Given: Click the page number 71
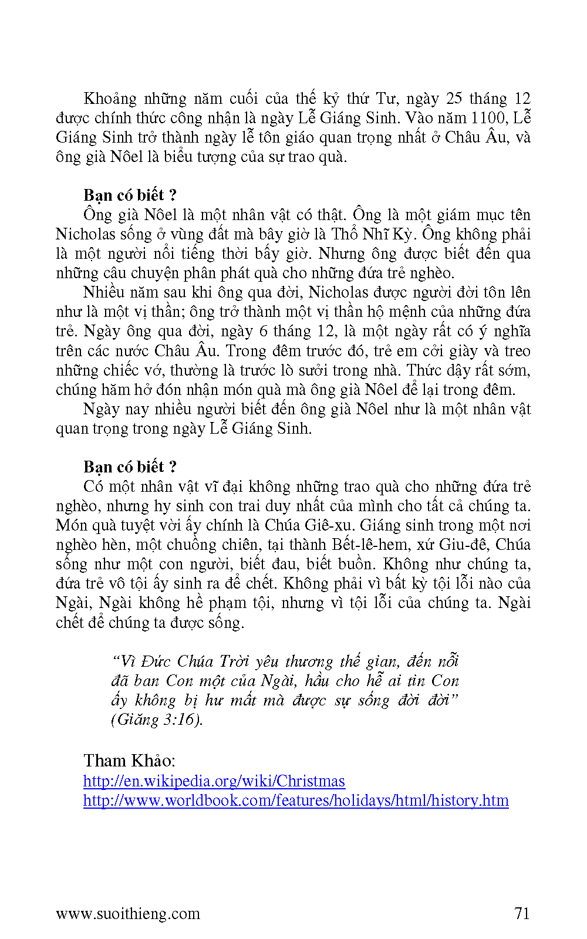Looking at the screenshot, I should [x=522, y=913].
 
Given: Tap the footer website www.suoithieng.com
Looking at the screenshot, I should [x=128, y=914].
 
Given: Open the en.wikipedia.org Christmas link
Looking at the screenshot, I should [x=214, y=781].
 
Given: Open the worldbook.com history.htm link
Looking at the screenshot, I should [x=296, y=800].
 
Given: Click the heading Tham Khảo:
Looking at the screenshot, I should [x=129, y=761].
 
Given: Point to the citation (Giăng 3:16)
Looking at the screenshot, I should [x=157, y=720].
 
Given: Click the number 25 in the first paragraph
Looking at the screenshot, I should [x=454, y=99].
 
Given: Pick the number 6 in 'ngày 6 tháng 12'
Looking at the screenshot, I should [x=264, y=332].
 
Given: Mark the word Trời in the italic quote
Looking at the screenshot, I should [x=234, y=661].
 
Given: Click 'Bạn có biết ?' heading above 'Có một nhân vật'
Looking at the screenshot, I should [x=130, y=467].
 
